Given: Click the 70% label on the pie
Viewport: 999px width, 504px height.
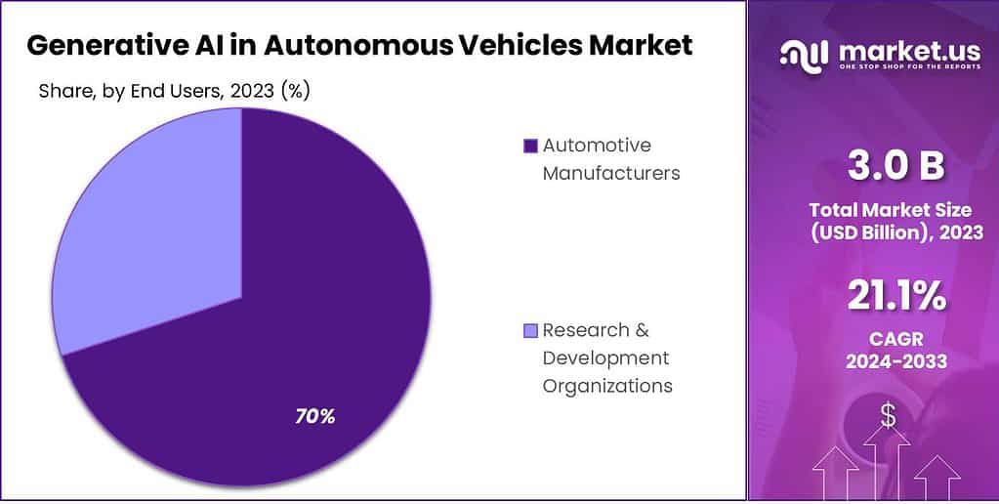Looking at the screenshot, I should click(315, 416).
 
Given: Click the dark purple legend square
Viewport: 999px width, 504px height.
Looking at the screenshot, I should click(530, 147).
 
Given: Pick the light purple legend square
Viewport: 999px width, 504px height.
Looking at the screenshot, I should click(530, 330).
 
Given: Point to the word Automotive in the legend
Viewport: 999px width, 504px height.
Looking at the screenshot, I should click(596, 146).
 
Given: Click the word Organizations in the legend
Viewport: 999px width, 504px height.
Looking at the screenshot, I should click(607, 385).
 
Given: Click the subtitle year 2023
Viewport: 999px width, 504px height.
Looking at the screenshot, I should click(246, 92).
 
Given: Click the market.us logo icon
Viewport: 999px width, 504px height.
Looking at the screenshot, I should click(802, 54).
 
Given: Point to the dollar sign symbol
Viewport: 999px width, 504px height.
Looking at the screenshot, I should click(888, 416).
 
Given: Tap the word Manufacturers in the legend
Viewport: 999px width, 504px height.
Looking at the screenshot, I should click(611, 173).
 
